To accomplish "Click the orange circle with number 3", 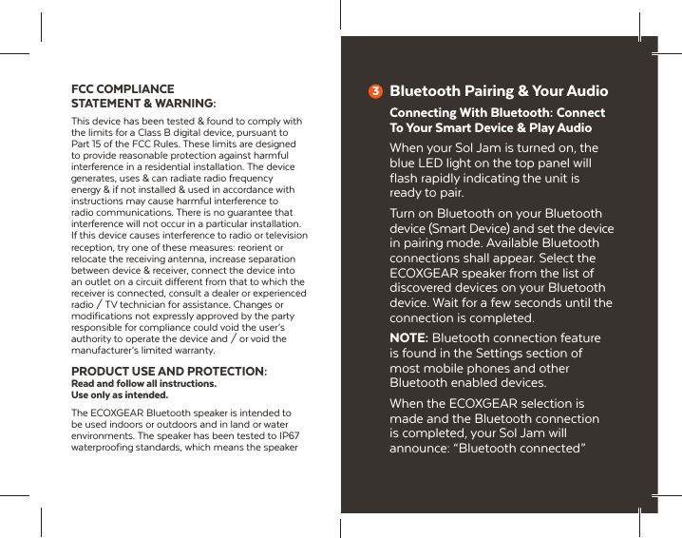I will [375, 92].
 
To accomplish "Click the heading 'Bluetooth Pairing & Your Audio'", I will [499, 91].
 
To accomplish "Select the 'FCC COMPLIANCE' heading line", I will [123, 88].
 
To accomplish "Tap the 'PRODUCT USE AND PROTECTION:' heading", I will [169, 371].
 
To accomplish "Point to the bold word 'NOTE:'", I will [408, 338].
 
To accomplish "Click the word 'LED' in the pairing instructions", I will [434, 163].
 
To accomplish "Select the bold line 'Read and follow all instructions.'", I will [144, 383].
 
